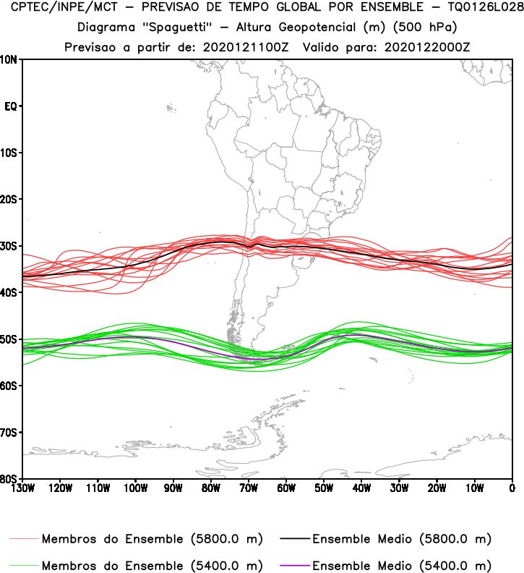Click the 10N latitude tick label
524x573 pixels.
(10, 59)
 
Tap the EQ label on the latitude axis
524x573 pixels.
(11, 106)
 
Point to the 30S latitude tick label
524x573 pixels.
(10, 246)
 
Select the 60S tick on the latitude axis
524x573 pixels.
(10, 386)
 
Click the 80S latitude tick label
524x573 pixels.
(10, 478)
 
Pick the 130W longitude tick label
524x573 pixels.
(22, 487)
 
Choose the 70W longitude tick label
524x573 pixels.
(249, 487)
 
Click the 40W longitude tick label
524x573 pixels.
(361, 487)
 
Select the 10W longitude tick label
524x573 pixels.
(475, 487)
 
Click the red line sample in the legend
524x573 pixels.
(24, 539)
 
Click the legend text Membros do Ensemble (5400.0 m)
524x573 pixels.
(152, 565)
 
